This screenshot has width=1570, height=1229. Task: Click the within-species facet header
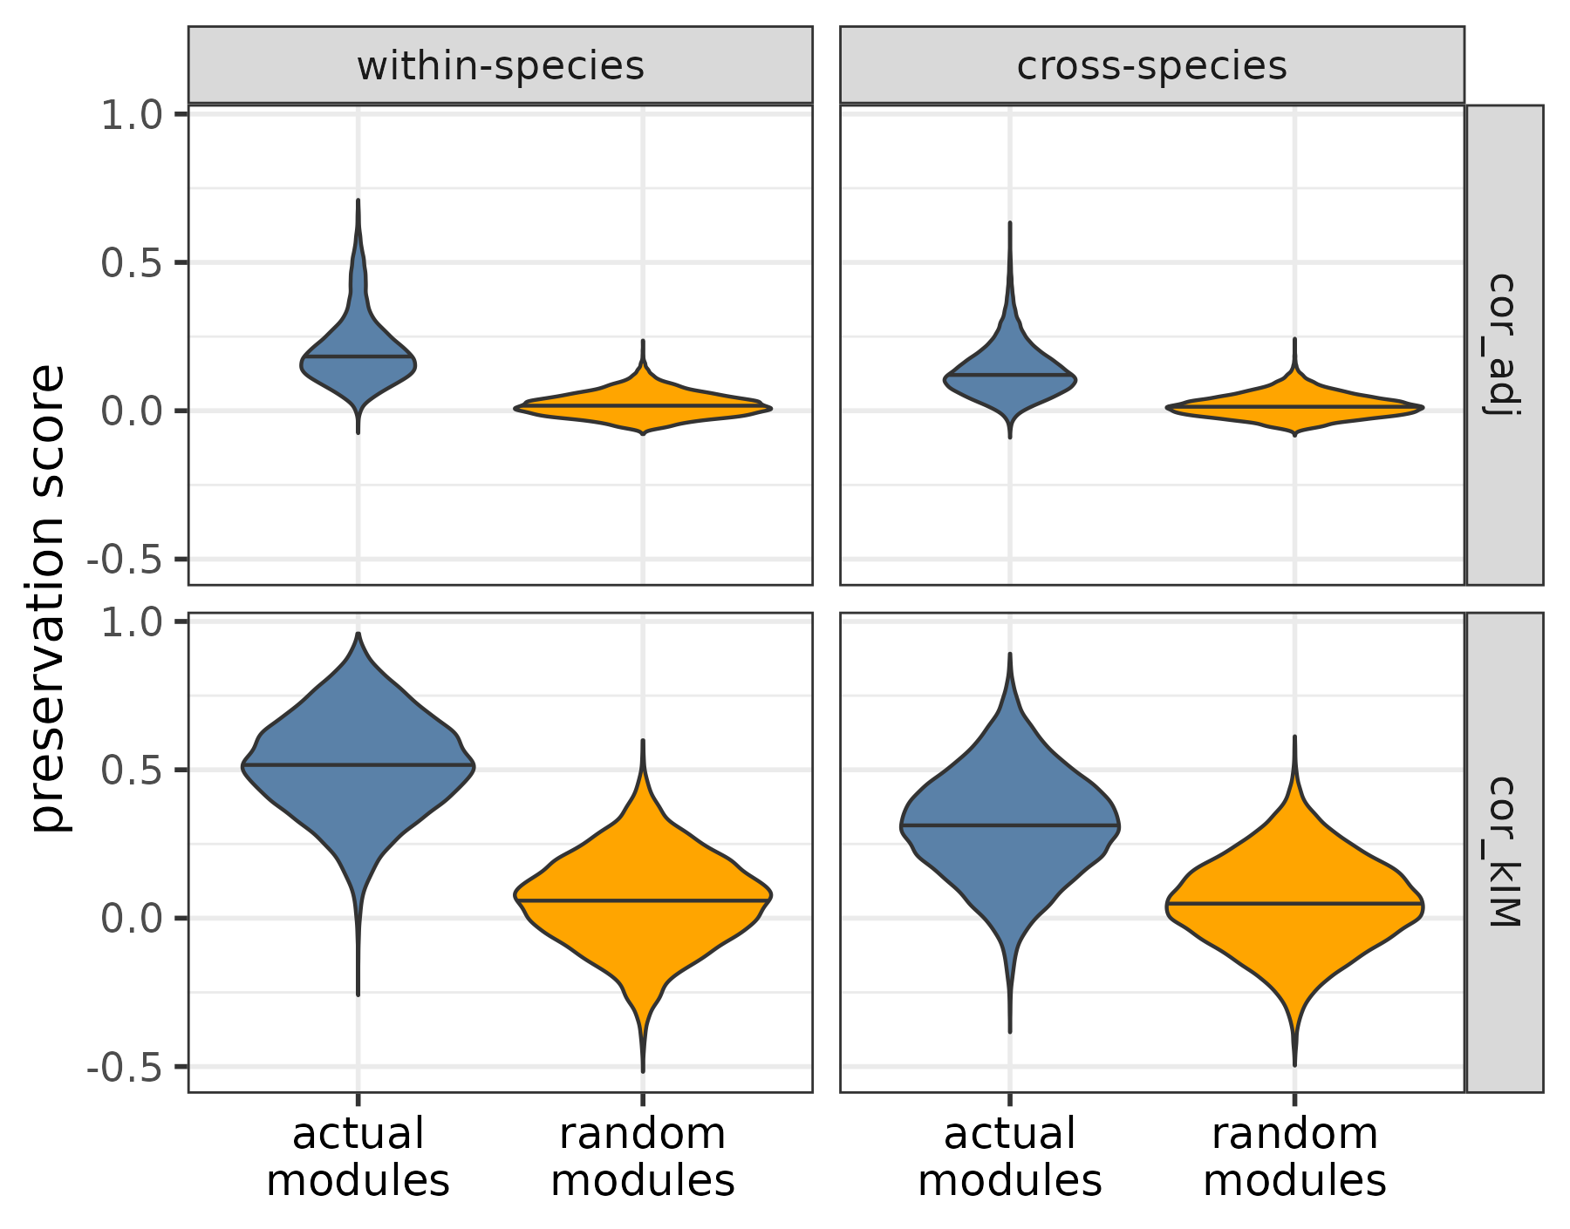point(500,66)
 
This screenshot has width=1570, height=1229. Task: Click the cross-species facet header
point(1151,66)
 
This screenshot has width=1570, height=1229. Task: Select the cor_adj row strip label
point(1504,344)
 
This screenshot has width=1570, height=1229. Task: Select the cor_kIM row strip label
point(1504,852)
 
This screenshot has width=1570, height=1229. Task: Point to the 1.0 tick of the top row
point(132,115)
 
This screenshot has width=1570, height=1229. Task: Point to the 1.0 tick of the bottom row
point(132,622)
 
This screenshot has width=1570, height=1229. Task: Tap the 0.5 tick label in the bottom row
point(132,771)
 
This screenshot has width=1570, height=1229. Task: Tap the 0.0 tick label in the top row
point(132,411)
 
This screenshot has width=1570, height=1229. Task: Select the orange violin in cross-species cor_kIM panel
point(1294,915)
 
